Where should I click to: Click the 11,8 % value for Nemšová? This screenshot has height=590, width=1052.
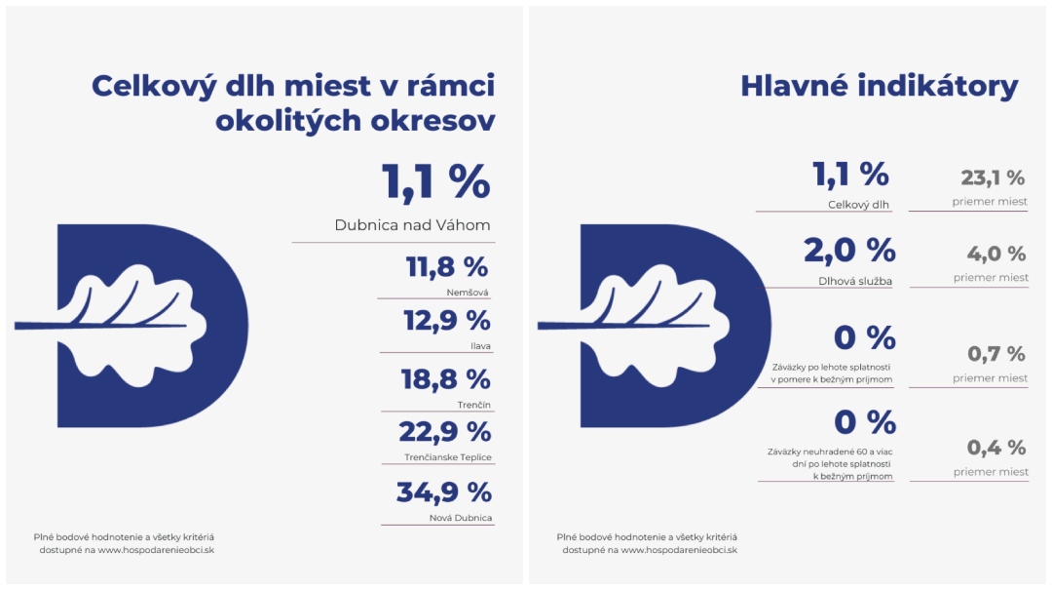coord(446,266)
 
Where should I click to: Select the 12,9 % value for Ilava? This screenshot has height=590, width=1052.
coord(446,320)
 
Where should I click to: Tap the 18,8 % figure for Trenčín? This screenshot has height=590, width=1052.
coord(445,378)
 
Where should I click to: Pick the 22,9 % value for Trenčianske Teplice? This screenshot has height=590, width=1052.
coord(444,431)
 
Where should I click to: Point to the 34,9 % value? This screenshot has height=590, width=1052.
coord(443,492)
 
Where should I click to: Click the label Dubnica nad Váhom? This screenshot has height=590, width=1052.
coord(412,225)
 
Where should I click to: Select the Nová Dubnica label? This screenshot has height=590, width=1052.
coord(462,517)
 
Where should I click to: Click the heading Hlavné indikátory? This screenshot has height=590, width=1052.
coord(879,86)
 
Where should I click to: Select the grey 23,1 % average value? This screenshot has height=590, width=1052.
coord(993,178)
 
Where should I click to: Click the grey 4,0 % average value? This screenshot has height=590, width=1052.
coord(996,254)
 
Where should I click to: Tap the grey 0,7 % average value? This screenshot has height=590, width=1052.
coord(996,354)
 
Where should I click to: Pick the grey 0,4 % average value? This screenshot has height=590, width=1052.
coord(996,448)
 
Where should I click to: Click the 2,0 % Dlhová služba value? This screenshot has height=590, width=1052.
coord(849,250)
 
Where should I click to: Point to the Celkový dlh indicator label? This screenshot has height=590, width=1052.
coord(860,206)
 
